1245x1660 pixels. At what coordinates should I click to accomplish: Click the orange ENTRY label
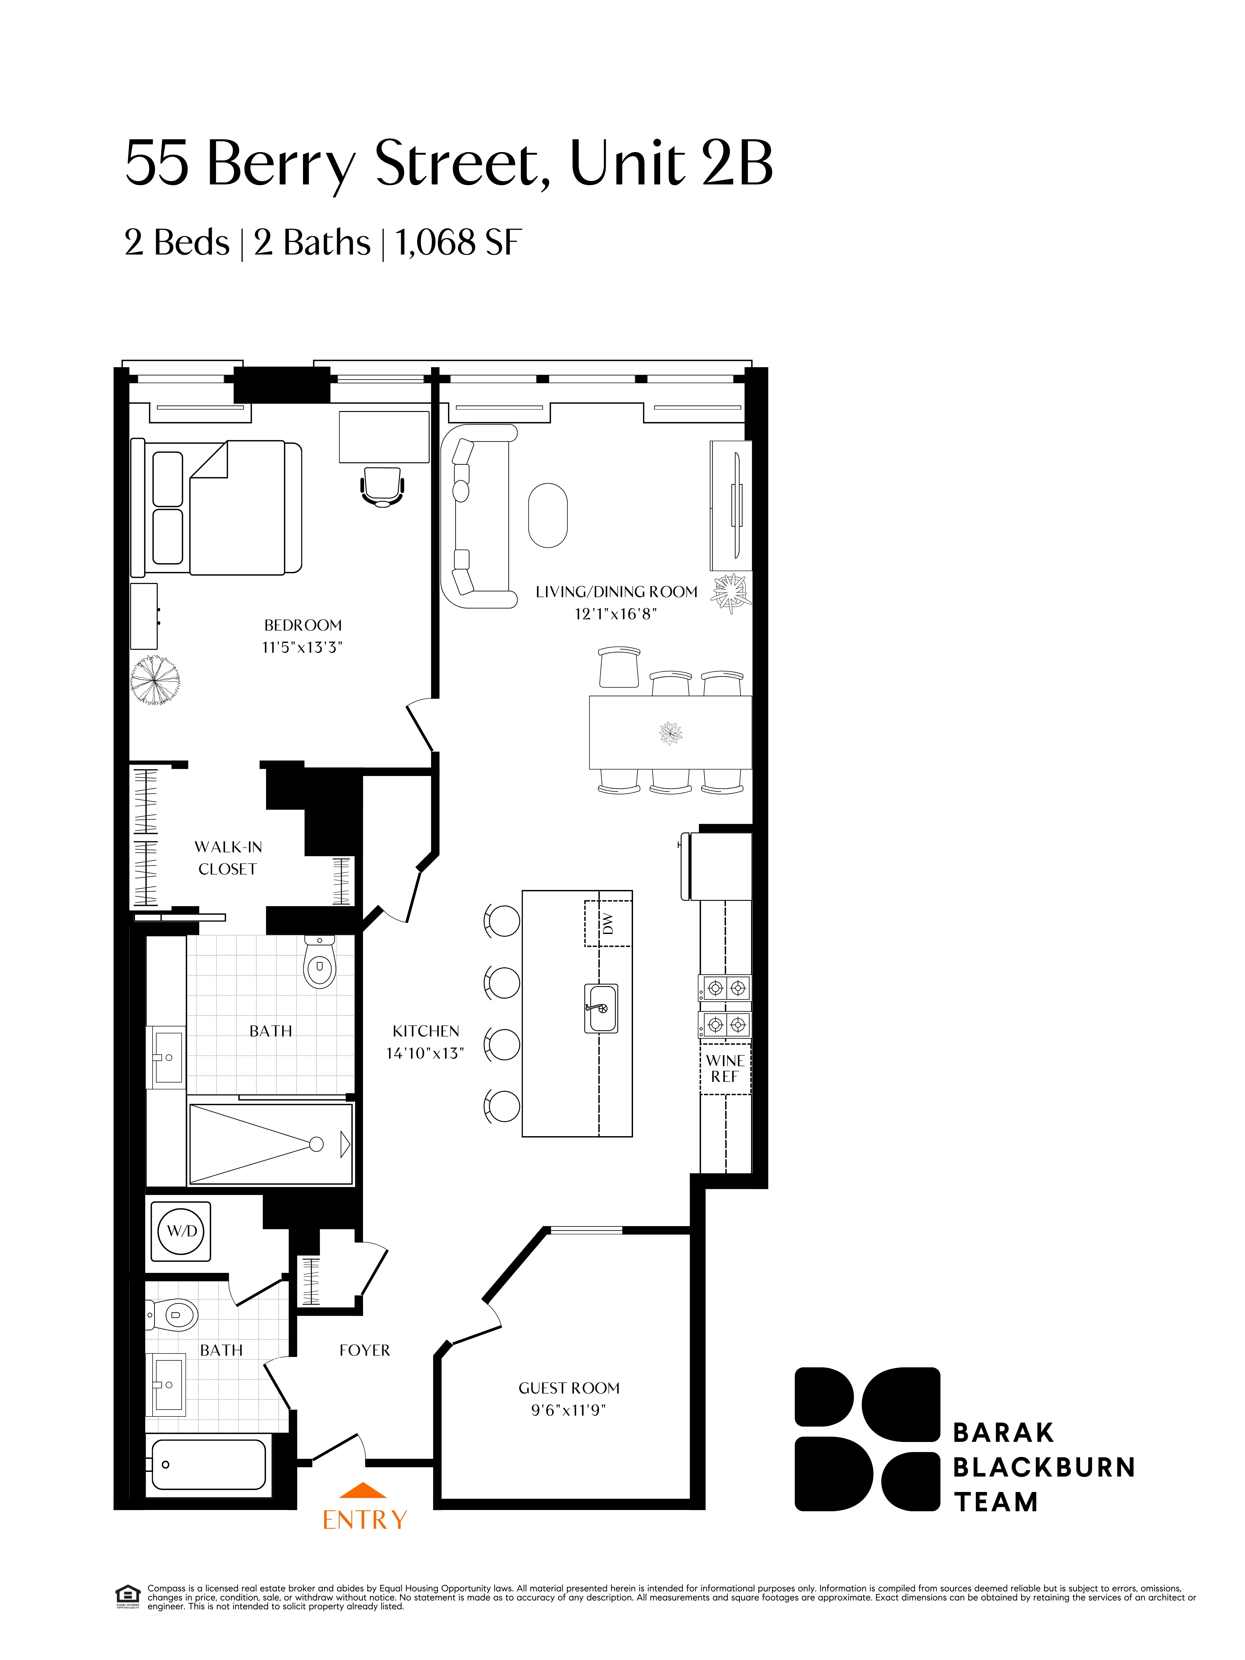tap(365, 1520)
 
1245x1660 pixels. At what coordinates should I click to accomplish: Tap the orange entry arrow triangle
tap(363, 1490)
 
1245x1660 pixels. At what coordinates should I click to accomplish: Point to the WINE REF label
tap(725, 1068)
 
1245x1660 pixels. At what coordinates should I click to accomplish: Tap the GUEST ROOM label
tap(569, 1388)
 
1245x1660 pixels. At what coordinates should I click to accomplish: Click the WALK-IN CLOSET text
tap(227, 858)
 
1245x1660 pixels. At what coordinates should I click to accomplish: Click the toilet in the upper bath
tap(320, 963)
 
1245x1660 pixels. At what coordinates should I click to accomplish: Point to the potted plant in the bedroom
tap(154, 681)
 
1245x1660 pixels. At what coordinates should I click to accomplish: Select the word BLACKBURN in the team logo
tap(1044, 1467)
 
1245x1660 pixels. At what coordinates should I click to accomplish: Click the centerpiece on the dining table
tap(670, 732)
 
